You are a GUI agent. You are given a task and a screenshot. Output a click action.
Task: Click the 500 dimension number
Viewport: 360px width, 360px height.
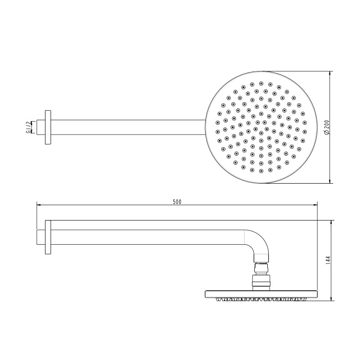(177, 202)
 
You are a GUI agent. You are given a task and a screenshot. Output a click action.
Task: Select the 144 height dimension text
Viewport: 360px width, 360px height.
(328, 260)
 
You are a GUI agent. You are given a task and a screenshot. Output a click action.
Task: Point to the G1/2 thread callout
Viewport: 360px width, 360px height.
(28, 127)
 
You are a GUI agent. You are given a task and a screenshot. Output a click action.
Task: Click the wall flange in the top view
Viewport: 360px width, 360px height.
(48, 127)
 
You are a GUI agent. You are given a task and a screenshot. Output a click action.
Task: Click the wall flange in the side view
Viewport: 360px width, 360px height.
(48, 237)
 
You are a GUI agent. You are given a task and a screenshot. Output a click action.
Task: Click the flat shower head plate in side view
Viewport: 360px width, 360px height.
(261, 294)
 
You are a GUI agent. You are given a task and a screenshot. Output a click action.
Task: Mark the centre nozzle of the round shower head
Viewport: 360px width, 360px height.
(261, 127)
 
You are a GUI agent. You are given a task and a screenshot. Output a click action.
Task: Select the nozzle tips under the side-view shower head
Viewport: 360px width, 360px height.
(261, 299)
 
